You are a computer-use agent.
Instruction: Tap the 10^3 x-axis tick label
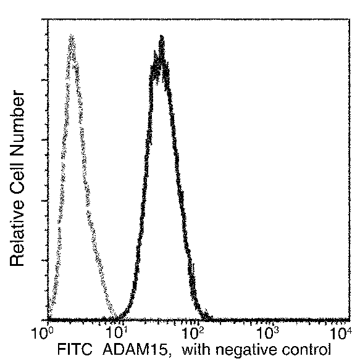(268, 334)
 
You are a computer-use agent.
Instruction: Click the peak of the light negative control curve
(72, 38)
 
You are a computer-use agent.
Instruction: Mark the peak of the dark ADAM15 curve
(161, 39)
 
